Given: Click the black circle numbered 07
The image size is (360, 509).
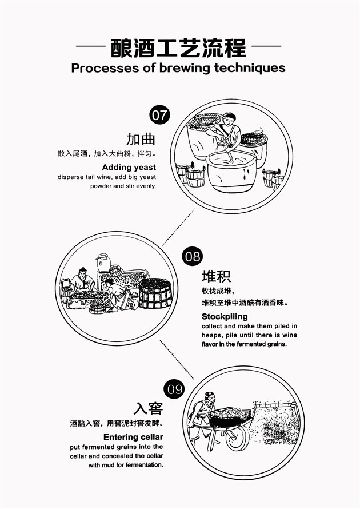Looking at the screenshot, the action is (159, 115).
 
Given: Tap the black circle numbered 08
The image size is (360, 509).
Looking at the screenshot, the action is (193, 256).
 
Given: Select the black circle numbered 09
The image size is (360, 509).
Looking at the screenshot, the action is (175, 389).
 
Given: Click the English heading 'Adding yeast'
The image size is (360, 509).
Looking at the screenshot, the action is (129, 168).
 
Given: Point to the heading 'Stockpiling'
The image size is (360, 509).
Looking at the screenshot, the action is (225, 316).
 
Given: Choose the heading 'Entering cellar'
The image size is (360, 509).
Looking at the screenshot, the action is (133, 437).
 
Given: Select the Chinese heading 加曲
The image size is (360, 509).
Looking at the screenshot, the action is (141, 139).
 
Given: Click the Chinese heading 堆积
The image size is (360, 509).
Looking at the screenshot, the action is (217, 276).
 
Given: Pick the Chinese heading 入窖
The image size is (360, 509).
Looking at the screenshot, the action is (148, 408).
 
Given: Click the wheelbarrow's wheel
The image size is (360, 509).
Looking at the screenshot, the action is (238, 438).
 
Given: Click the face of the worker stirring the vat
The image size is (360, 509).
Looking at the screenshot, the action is (229, 120).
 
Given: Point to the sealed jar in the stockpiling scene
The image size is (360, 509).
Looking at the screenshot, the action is (103, 263).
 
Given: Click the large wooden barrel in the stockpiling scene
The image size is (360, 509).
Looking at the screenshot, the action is (155, 293).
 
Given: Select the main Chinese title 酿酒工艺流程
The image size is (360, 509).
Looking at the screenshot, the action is (178, 48).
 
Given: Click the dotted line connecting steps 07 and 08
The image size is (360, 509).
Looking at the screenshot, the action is (179, 227).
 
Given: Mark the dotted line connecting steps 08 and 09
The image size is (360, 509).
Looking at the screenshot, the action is (177, 359).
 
